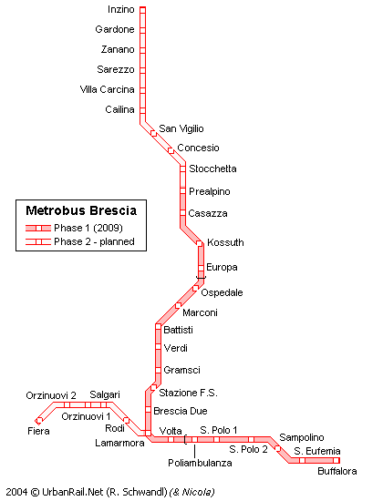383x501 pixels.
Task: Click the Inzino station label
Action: pyautogui.click(x=120, y=10)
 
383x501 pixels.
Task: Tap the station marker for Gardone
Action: pyautogui.click(x=142, y=30)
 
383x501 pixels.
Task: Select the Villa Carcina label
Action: pyautogui.click(x=108, y=89)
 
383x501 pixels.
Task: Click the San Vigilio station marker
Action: pyautogui.click(x=153, y=134)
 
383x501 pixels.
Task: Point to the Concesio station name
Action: pyautogui.click(x=198, y=148)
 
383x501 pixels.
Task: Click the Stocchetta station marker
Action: pyautogui.click(x=182, y=169)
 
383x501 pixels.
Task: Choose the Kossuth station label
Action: pyautogui.click(x=225, y=242)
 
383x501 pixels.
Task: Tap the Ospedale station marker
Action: pyautogui.click(x=195, y=288)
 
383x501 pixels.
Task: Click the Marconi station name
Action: pyautogui.click(x=200, y=312)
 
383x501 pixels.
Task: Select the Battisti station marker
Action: pyautogui.click(x=158, y=326)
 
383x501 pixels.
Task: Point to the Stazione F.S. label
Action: pyautogui.click(x=188, y=393)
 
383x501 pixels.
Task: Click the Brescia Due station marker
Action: pyautogui.click(x=148, y=409)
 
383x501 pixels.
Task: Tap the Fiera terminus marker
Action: pyautogui.click(x=39, y=420)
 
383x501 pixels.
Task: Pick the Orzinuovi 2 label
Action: pyautogui.click(x=51, y=395)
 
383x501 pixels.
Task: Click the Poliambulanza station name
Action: pyautogui.click(x=200, y=463)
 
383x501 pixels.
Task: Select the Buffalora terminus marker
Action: pyautogui.click(x=336, y=460)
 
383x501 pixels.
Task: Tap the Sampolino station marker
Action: pyautogui.click(x=278, y=448)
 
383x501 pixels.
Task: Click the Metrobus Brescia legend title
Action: pyautogui.click(x=81, y=210)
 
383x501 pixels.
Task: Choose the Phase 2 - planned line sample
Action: pyautogui.click(x=38, y=242)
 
